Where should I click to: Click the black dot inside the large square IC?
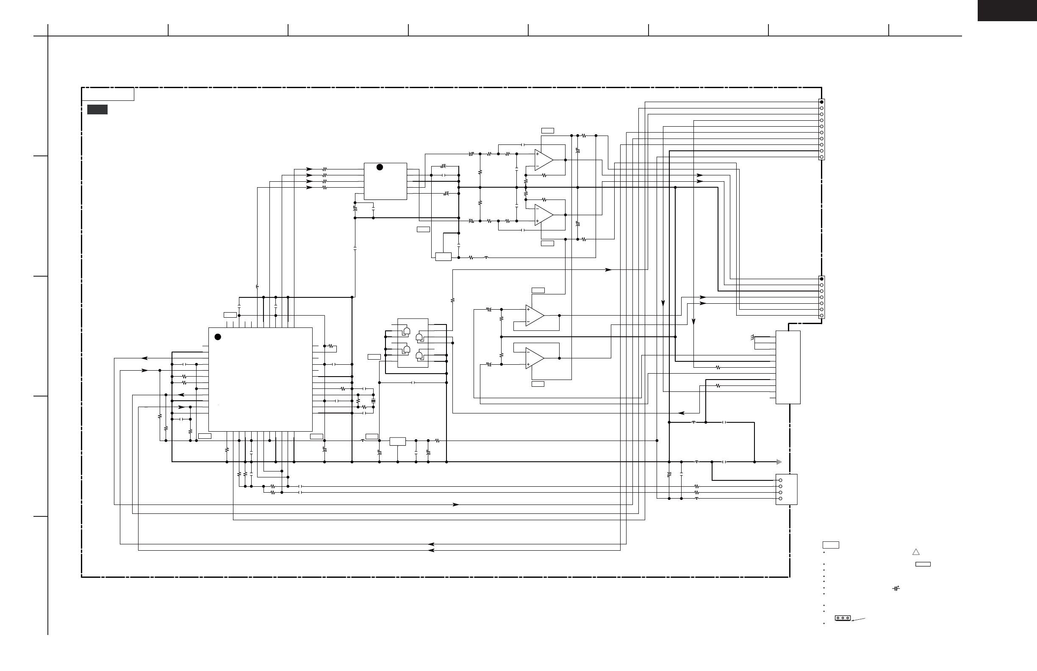[218, 337]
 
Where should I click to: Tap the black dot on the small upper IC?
[380, 167]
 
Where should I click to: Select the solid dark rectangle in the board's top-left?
[97, 109]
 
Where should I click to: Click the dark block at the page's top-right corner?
[1006, 11]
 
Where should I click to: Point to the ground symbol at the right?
[779, 462]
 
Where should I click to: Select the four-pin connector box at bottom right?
[787, 489]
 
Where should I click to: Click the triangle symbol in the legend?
[916, 552]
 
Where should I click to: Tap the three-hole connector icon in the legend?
[843, 618]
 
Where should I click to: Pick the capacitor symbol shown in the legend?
[896, 588]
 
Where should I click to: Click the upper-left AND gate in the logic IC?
[406, 331]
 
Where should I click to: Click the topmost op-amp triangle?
[544, 160]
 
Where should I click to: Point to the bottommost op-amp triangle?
[535, 358]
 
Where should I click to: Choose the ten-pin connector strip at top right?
[821, 129]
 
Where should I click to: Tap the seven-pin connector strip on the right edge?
[821, 297]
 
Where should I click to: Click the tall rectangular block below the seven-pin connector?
[788, 367]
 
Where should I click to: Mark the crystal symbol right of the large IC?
[373, 400]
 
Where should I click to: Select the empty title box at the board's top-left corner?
[108, 94]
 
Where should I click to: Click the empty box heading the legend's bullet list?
[830, 545]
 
